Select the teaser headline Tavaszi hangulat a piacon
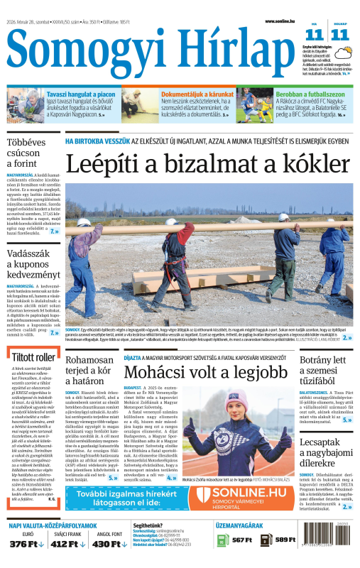pos(80,93)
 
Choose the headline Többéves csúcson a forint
pos(27,153)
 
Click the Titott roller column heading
pos(32,356)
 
